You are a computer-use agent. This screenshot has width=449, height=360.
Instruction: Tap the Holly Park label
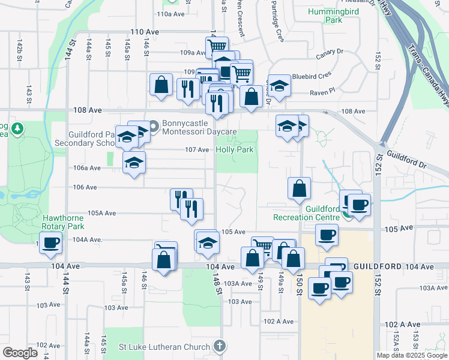pyautogui.click(x=235, y=149)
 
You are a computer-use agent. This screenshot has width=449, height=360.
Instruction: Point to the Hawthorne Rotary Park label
pyautogui.click(x=62, y=223)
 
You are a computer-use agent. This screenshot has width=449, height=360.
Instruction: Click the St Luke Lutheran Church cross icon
pyautogui.click(x=220, y=346)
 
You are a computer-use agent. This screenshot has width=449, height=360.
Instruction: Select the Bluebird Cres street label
pyautogui.click(x=312, y=77)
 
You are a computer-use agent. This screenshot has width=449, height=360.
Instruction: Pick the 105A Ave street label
pyautogui.click(x=101, y=213)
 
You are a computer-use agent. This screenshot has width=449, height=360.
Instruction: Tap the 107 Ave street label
pyautogui.click(x=197, y=149)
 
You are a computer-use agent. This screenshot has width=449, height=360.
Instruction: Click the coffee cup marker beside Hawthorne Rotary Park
pyautogui.click(x=52, y=242)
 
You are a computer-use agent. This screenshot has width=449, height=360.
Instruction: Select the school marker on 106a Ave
pyautogui.click(x=134, y=162)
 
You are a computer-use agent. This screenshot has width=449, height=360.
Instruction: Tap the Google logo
pyautogui.click(x=20, y=353)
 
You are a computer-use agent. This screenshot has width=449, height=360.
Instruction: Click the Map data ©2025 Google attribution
pyautogui.click(x=412, y=355)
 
